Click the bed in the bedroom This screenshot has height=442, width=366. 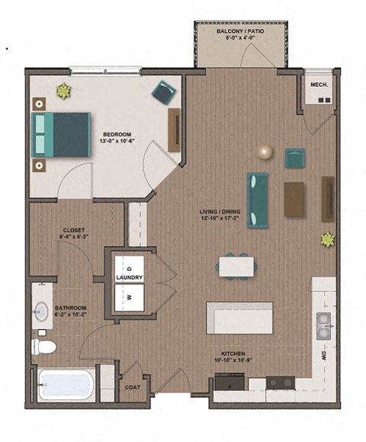[61, 134]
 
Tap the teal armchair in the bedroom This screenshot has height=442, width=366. [163, 92]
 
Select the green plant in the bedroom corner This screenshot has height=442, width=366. [63, 91]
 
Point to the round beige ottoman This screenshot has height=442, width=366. [265, 152]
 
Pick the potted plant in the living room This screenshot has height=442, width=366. [327, 239]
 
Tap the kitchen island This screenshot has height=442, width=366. [239, 317]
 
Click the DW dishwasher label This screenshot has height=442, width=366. [324, 356]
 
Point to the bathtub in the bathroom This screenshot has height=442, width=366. [66, 384]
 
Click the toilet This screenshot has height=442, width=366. [45, 347]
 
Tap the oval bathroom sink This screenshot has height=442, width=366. [42, 312]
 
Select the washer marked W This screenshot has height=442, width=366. [129, 297]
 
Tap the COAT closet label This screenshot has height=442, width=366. [132, 386]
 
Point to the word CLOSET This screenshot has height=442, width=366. [74, 229]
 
